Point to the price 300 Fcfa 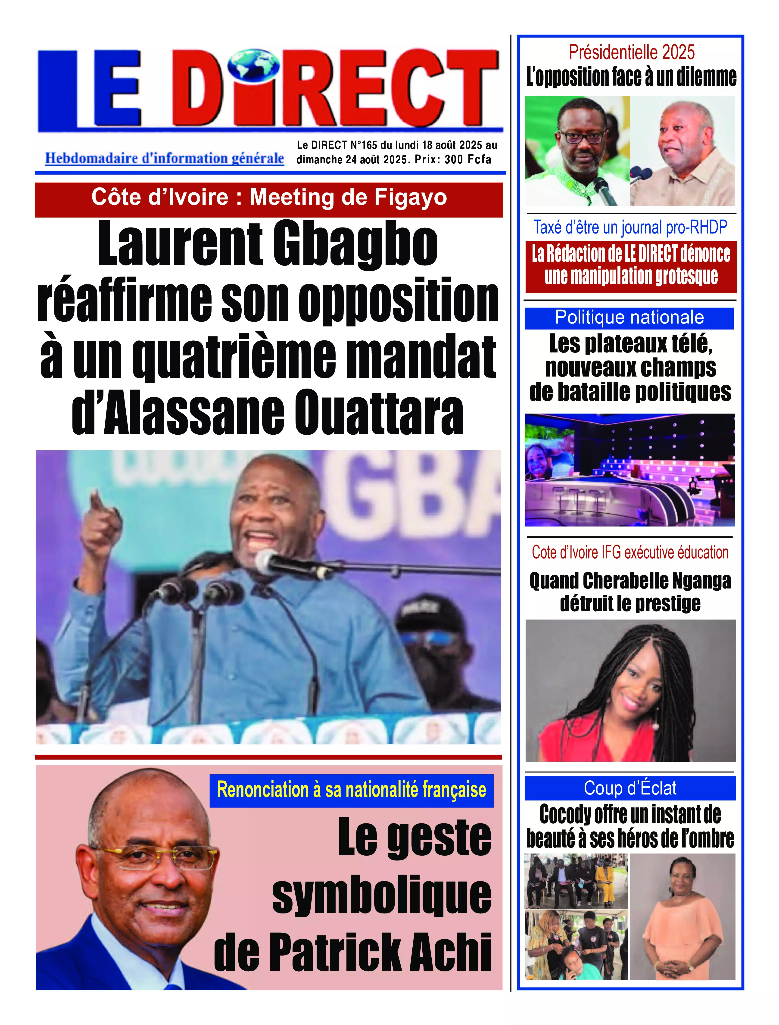pyautogui.click(x=467, y=159)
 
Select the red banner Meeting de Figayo pyautogui.click(x=269, y=198)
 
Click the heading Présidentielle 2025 pyautogui.click(x=632, y=52)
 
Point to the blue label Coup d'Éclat pyautogui.click(x=630, y=788)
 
